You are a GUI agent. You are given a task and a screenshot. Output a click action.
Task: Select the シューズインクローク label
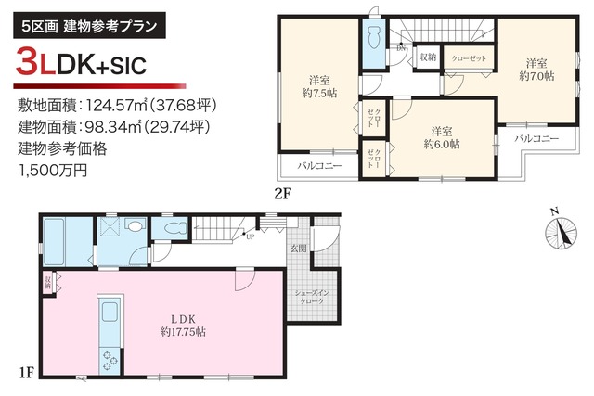click(x=308, y=297)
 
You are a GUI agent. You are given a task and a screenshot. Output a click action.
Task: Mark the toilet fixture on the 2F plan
click(x=374, y=40)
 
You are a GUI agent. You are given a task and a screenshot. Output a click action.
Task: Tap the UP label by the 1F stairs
click(x=251, y=236)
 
